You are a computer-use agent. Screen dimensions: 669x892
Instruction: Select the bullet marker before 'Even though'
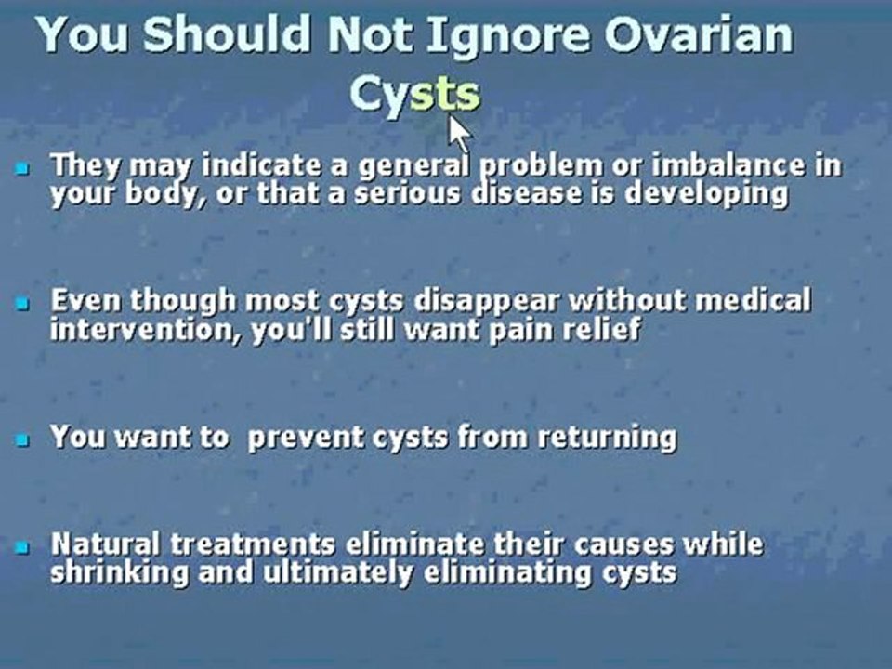22,304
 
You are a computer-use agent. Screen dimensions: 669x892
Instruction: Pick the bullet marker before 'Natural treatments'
22,547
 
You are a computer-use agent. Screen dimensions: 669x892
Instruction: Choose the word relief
604,329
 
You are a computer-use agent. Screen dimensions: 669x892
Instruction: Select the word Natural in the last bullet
104,544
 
